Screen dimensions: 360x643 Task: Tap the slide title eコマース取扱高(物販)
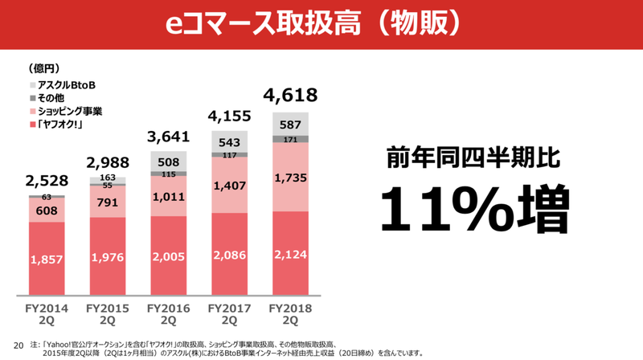(321, 22)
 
